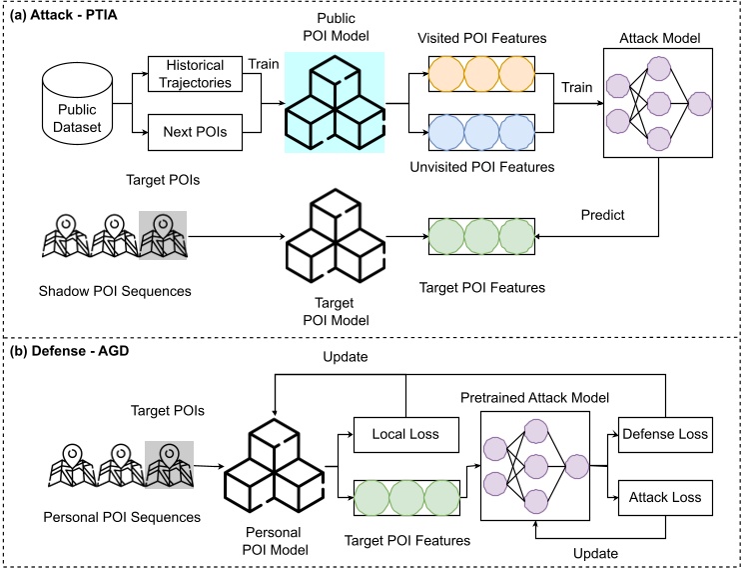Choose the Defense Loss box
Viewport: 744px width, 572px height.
665,434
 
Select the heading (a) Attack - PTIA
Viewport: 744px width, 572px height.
67,13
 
